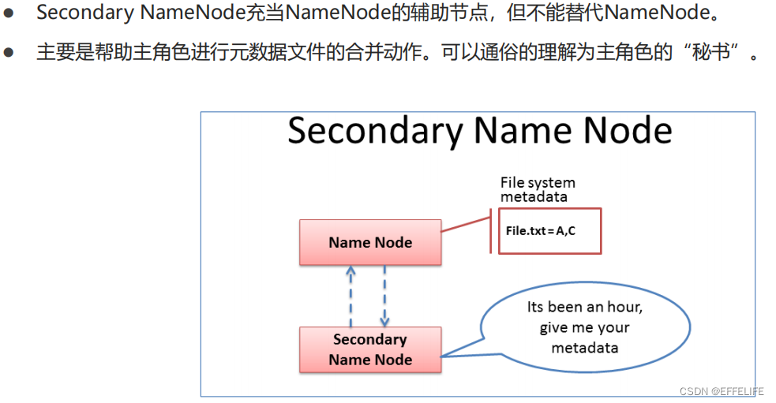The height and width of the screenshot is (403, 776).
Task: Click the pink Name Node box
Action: [370, 242]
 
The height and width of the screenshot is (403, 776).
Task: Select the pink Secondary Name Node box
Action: [370, 349]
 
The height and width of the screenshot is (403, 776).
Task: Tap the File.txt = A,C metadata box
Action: [549, 230]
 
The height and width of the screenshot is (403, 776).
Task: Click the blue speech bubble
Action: [583, 327]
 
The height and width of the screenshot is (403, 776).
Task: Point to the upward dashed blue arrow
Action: [352, 296]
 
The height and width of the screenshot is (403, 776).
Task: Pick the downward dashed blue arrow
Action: [385, 296]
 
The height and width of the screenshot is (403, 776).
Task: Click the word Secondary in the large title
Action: [375, 131]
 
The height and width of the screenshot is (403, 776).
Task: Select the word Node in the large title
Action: [628, 131]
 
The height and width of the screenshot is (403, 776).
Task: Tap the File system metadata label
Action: [537, 189]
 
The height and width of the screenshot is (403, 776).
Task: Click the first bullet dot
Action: [9, 13]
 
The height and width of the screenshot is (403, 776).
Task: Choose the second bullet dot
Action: [9, 54]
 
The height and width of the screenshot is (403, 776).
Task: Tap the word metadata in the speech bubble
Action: [584, 348]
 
